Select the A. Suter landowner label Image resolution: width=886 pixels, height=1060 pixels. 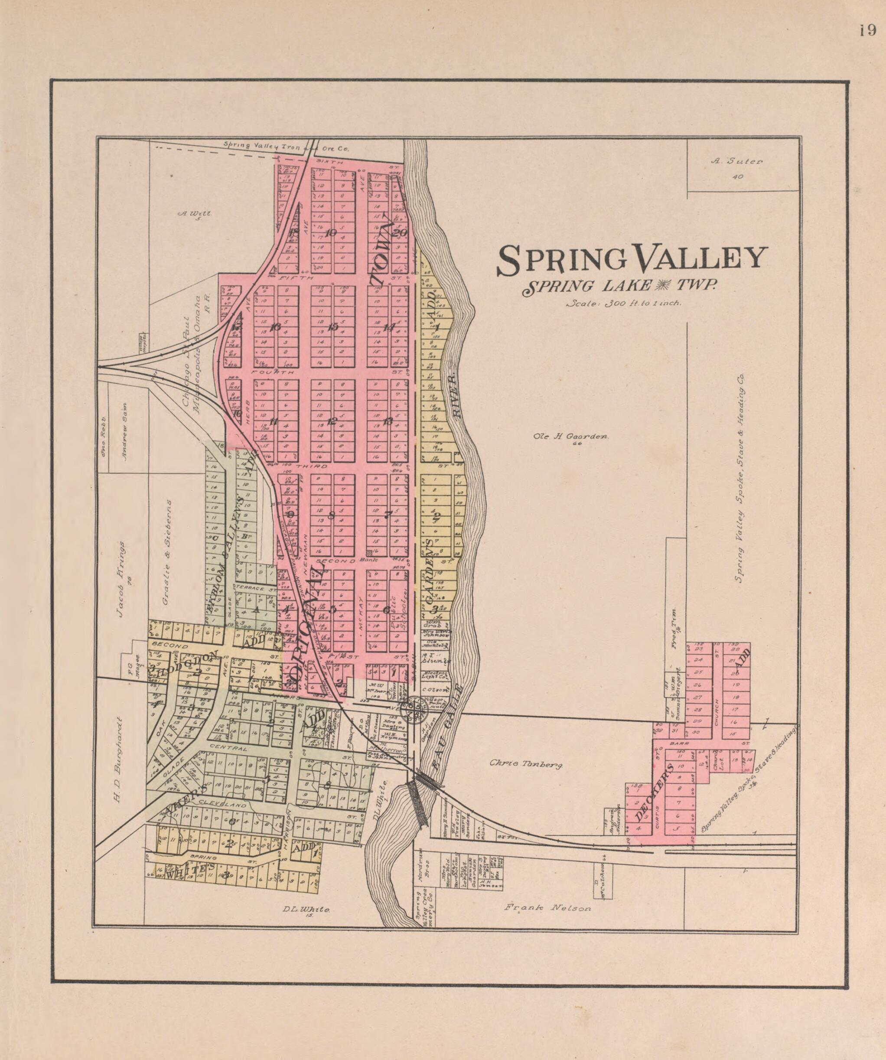pos(736,162)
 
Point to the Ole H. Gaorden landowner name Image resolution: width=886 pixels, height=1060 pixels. pos(571,436)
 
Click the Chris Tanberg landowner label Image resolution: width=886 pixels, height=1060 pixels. pos(526,765)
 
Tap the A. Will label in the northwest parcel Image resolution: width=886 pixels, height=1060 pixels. pos(194,214)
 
